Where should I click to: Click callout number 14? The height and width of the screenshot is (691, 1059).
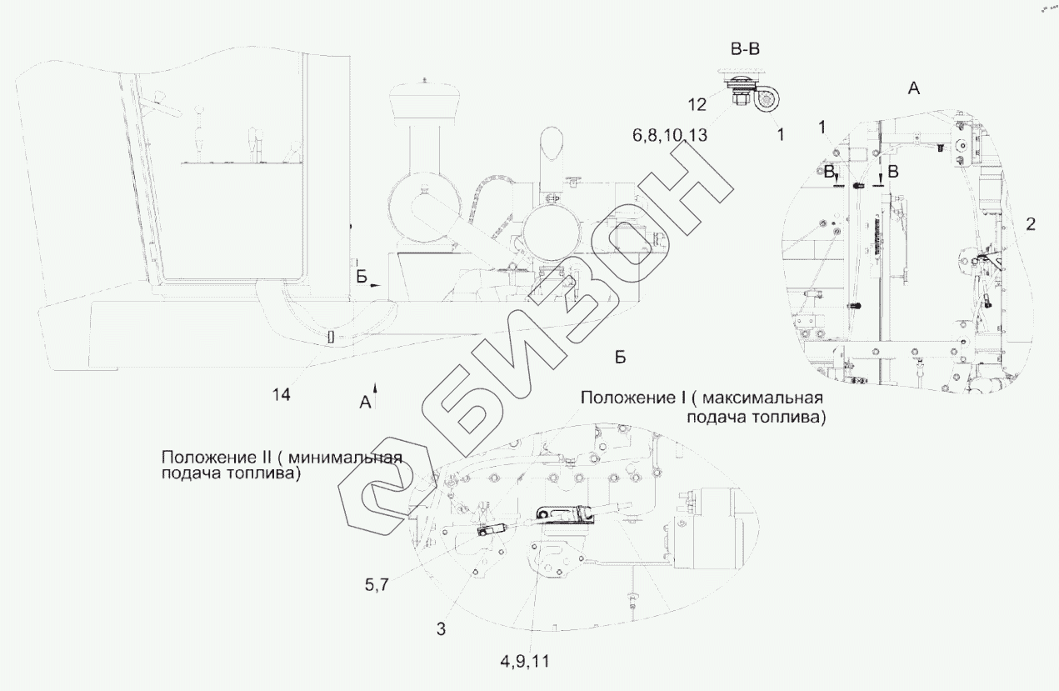[x=282, y=395]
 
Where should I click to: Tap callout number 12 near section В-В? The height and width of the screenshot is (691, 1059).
[x=697, y=103]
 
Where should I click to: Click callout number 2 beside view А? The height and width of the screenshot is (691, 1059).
[x=1031, y=223]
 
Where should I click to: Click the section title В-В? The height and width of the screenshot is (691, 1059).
[x=745, y=50]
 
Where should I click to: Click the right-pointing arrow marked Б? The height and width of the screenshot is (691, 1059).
[x=376, y=284]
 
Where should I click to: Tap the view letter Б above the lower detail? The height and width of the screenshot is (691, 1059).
[x=620, y=357]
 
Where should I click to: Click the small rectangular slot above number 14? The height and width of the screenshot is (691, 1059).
[x=331, y=337]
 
